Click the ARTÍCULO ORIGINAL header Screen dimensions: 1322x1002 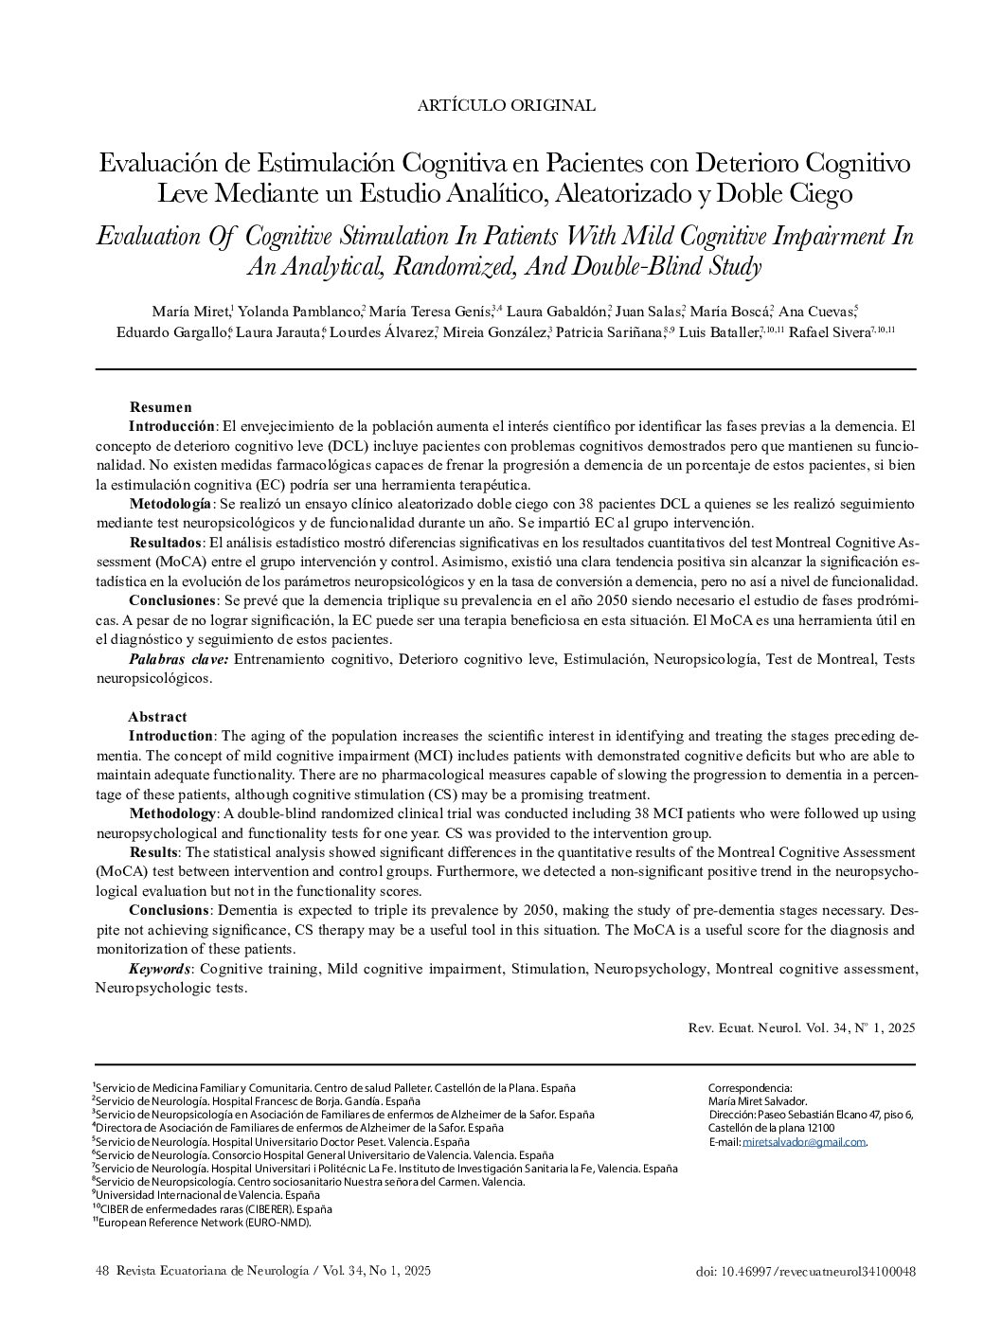506,105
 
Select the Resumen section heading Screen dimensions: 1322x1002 161,406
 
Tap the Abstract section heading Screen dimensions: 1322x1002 157,716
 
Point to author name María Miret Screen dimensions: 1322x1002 189,312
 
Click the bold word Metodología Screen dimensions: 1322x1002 170,503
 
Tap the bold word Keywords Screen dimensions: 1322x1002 160,969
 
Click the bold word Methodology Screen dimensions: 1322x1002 171,813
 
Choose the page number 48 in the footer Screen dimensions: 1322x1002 103,1271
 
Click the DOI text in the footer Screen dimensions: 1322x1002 805,1272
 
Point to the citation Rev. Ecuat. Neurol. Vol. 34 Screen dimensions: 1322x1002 801,1027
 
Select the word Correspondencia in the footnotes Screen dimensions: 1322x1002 749,1088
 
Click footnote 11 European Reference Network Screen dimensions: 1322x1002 204,1222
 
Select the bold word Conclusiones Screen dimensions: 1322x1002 172,600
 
